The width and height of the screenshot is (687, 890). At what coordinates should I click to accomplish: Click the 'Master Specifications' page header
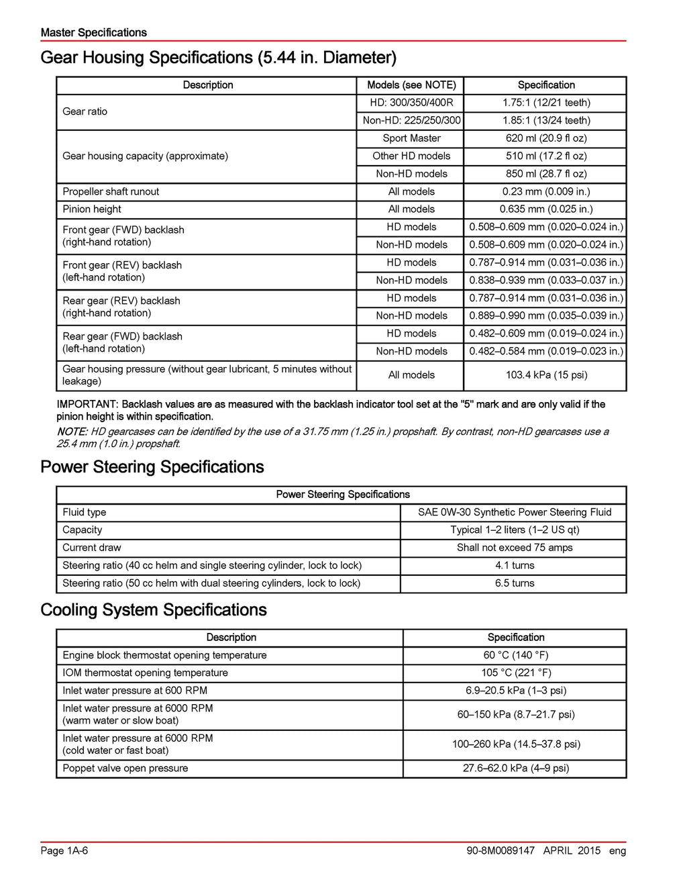pos(93,32)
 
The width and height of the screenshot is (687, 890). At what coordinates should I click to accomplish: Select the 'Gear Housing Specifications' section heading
pos(218,58)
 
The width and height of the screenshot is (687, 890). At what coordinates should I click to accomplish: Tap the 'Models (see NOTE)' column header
pos(411,85)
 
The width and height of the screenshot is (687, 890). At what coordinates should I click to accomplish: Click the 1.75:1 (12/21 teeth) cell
pos(546,103)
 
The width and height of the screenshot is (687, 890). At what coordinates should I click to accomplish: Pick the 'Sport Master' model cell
pos(411,138)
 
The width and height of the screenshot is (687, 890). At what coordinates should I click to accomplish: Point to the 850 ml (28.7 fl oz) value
pos(546,174)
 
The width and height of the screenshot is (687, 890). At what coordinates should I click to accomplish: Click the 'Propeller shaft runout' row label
pos(111,191)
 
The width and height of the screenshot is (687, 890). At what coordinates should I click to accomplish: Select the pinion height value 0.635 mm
pos(546,209)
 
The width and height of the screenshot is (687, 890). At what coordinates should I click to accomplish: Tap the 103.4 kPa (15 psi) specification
pos(546,375)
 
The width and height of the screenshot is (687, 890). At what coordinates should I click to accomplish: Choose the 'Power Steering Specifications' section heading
pos(152,467)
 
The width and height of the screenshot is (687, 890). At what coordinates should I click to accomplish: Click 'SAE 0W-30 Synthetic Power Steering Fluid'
pos(515,512)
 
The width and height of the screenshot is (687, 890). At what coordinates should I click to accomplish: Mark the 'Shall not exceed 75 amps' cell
pos(515,548)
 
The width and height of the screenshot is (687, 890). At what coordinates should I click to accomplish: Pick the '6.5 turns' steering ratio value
pos(515,583)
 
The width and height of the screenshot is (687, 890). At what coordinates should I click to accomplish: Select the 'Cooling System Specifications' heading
pos(154,610)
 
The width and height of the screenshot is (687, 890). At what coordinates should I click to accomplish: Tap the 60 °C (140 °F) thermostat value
pos(515,655)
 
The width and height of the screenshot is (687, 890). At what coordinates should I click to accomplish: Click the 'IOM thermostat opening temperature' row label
pos(145,673)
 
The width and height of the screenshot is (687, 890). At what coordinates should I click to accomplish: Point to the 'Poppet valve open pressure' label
pos(125,768)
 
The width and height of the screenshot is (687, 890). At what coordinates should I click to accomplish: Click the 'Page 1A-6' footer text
pos(64,851)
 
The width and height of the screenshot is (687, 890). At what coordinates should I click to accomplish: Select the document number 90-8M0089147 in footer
pos(500,851)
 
